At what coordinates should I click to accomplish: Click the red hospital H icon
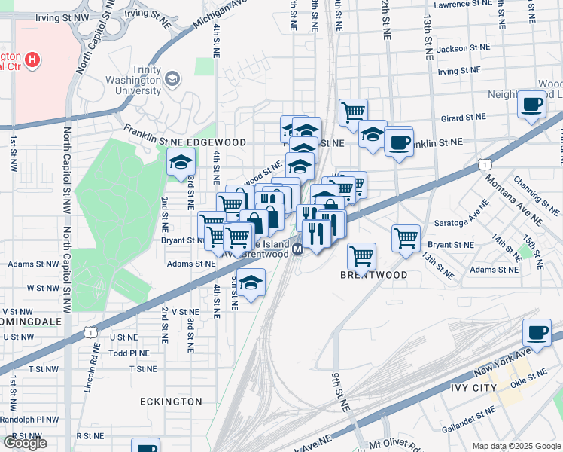[x=32, y=59]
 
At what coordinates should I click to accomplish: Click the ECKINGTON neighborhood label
[x=171, y=402]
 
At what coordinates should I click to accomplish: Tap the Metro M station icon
[x=297, y=249]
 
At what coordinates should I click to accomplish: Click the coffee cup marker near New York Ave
[x=537, y=333]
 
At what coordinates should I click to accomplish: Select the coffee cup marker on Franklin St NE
[x=399, y=142]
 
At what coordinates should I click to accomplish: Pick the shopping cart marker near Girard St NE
[x=353, y=113]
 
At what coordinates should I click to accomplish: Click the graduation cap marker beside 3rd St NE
[x=181, y=162]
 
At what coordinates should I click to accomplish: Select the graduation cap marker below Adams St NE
[x=251, y=284]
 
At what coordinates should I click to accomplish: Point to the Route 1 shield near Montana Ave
[x=485, y=164]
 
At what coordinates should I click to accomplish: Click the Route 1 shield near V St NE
[x=91, y=331]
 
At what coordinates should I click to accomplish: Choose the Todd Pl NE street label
[x=129, y=353]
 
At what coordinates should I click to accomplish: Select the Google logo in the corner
[x=25, y=443]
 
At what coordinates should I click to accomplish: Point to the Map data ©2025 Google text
[x=516, y=446]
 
